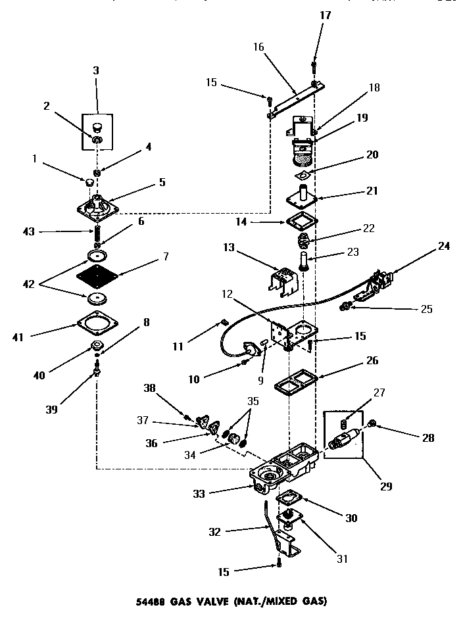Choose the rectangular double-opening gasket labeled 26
click(x=296, y=378)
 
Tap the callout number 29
click(x=385, y=487)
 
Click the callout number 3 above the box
click(x=97, y=70)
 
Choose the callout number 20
click(x=372, y=155)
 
